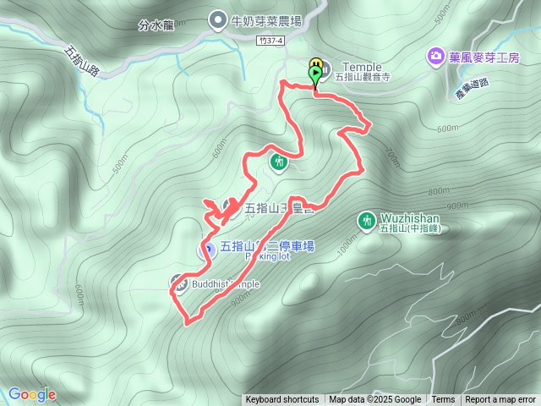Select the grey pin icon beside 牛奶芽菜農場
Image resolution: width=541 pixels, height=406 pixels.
[x=217, y=19]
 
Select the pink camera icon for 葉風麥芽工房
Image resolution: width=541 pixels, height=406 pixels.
[x=435, y=57]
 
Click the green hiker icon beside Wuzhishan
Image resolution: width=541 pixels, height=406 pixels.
[x=366, y=220]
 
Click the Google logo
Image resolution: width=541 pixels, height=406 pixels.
[x=31, y=394]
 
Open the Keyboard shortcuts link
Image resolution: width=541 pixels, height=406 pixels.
[x=282, y=400]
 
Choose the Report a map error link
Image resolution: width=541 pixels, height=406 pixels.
[x=501, y=400]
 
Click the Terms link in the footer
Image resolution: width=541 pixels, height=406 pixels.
[x=443, y=400]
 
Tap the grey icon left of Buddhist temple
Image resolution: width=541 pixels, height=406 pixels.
[x=179, y=283]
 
